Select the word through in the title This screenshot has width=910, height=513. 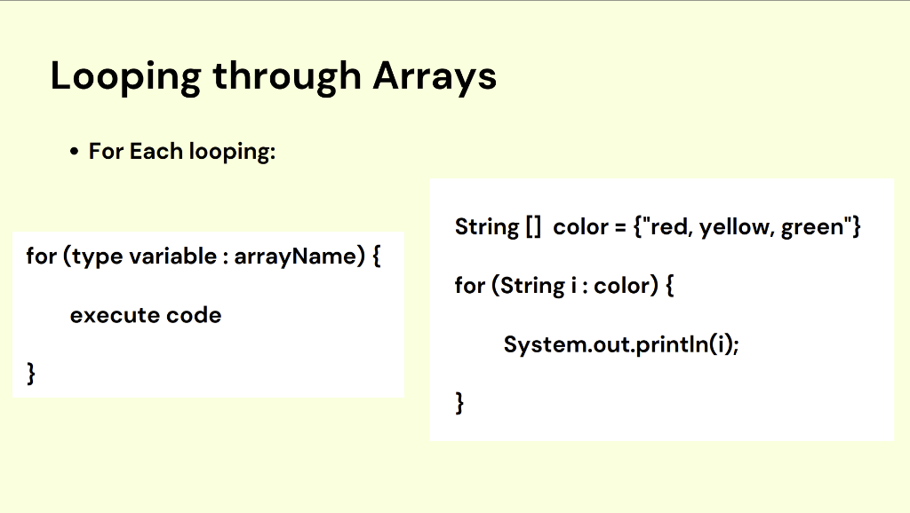[286, 76]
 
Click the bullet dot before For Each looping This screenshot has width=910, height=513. [75, 153]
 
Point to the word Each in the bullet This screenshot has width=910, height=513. [156, 152]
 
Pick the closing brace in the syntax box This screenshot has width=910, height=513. [31, 374]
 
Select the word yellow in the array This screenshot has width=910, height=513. [736, 227]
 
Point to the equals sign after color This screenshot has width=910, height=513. [619, 227]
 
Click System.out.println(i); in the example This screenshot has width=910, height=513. [620, 343]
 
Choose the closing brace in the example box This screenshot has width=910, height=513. [459, 403]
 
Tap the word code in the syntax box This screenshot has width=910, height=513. [193, 315]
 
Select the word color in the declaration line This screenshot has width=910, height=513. [579, 227]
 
